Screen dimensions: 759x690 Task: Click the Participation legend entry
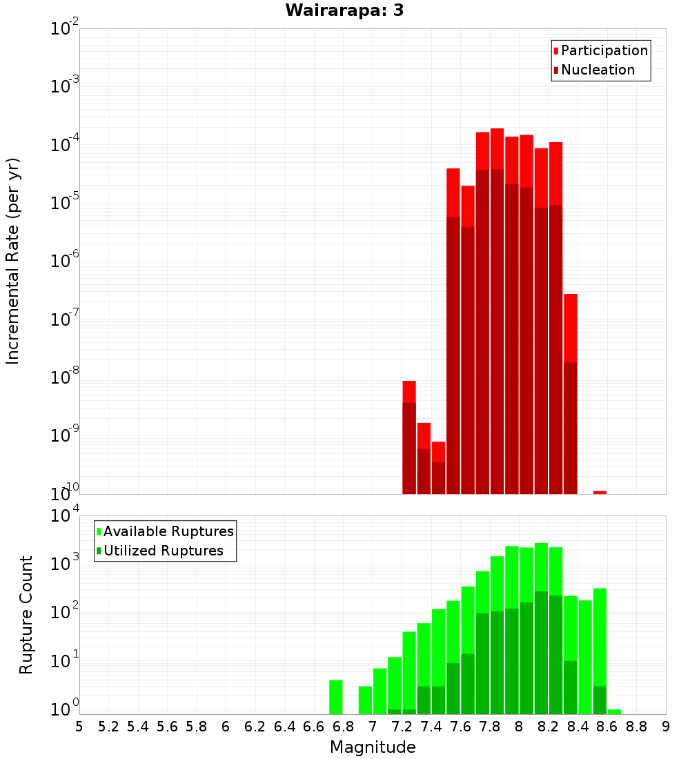click(x=604, y=50)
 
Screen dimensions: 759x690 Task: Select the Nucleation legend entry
click(x=597, y=70)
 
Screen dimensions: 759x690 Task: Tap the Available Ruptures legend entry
click(x=168, y=531)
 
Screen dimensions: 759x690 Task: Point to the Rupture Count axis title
click(x=26, y=615)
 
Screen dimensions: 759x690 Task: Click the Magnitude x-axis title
click(x=373, y=747)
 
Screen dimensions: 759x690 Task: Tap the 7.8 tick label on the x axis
click(x=490, y=727)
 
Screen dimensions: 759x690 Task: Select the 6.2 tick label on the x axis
click(x=255, y=727)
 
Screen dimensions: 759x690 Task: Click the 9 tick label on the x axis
click(x=666, y=727)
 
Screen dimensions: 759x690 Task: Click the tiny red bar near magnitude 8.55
click(x=600, y=492)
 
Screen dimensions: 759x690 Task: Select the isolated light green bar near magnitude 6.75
click(x=336, y=697)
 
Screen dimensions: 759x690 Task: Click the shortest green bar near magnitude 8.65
click(x=614, y=711)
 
